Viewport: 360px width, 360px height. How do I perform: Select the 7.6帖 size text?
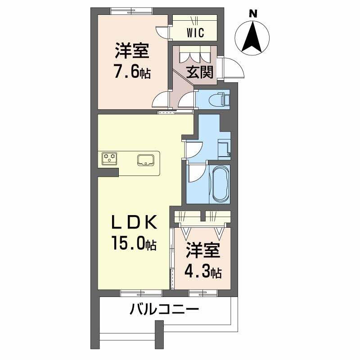[132, 72]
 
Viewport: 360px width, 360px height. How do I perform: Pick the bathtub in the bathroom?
[220, 184]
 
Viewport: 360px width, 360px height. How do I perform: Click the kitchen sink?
[147, 160]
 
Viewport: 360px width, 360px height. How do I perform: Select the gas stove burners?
[110, 158]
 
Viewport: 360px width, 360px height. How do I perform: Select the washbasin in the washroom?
[224, 148]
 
